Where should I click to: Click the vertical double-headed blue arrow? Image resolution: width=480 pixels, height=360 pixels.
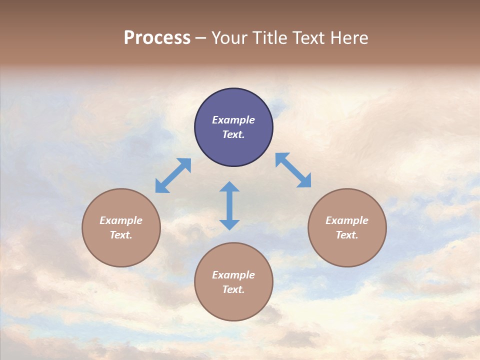tap(229, 205)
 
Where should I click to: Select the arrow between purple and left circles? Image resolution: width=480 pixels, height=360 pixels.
tap(173, 175)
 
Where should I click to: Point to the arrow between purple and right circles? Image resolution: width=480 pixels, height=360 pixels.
tap(293, 170)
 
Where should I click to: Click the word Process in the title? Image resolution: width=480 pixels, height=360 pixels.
tap(157, 38)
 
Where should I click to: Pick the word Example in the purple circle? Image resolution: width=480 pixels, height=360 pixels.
tap(233, 120)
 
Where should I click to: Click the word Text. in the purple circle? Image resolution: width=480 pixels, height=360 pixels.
tap(233, 134)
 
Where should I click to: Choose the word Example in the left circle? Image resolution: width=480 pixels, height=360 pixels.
tap(121, 220)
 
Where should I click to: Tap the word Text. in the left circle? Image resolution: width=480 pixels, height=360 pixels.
tap(121, 235)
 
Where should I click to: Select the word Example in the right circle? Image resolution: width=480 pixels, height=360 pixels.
tap(347, 220)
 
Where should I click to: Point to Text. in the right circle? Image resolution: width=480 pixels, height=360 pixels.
tap(347, 235)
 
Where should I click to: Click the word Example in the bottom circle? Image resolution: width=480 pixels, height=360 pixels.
tap(233, 275)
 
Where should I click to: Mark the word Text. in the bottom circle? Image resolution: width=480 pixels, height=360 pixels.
tap(233, 289)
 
